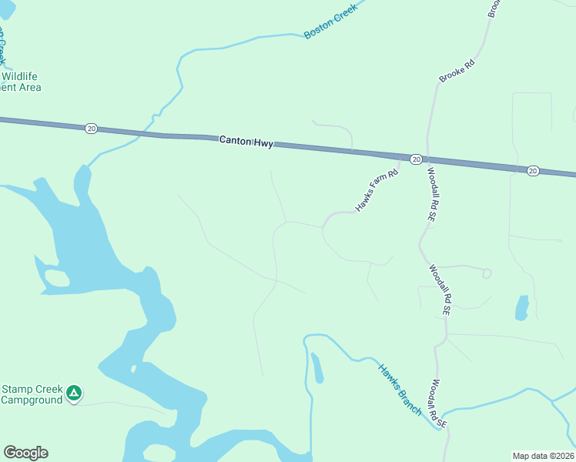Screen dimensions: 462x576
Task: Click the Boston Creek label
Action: (332, 23)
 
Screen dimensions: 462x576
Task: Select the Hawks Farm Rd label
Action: (376, 191)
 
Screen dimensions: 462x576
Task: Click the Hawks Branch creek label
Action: (400, 389)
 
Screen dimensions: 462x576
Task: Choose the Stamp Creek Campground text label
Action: (32, 394)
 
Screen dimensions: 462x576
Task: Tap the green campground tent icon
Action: (74, 393)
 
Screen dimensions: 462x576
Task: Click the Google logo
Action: (25, 453)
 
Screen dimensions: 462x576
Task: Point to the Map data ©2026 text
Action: (543, 455)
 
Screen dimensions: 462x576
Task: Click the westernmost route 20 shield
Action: (92, 129)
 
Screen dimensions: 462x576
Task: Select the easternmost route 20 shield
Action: (533, 170)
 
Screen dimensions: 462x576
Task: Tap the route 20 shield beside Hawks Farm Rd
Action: (416, 159)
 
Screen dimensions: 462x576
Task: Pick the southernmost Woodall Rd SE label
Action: (439, 403)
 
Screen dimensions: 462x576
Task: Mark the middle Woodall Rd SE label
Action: (440, 290)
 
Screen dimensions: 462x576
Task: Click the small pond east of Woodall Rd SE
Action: (522, 307)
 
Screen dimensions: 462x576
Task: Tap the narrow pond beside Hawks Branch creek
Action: (316, 367)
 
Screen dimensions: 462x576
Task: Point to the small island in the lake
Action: (56, 277)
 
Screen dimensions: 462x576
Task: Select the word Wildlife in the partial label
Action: (20, 76)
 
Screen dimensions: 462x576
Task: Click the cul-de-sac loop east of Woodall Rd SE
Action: (487, 273)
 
